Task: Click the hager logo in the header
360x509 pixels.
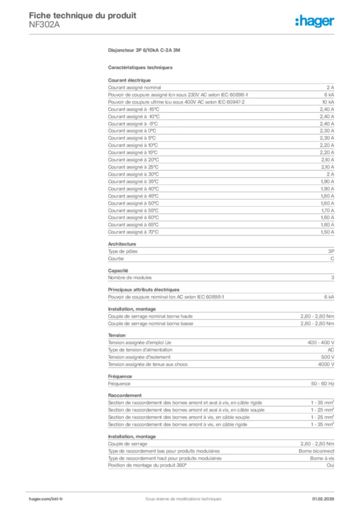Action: tap(314, 21)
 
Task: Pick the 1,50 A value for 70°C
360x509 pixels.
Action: tap(327, 232)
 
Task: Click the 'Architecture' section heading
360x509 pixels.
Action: tap(122, 244)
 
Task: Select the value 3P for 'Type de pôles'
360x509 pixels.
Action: tap(331, 252)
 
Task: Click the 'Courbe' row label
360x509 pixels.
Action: tap(115, 259)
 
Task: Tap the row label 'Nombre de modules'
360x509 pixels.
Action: tap(130, 278)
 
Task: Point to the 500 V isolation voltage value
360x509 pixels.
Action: tap(328, 357)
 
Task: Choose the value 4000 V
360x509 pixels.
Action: tap(326, 364)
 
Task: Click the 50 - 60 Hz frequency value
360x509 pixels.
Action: tap(323, 384)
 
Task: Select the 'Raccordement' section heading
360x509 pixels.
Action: tap(124, 396)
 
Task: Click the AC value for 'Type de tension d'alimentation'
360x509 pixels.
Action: tap(331, 350)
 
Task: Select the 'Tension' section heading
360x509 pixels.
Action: tap(117, 336)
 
